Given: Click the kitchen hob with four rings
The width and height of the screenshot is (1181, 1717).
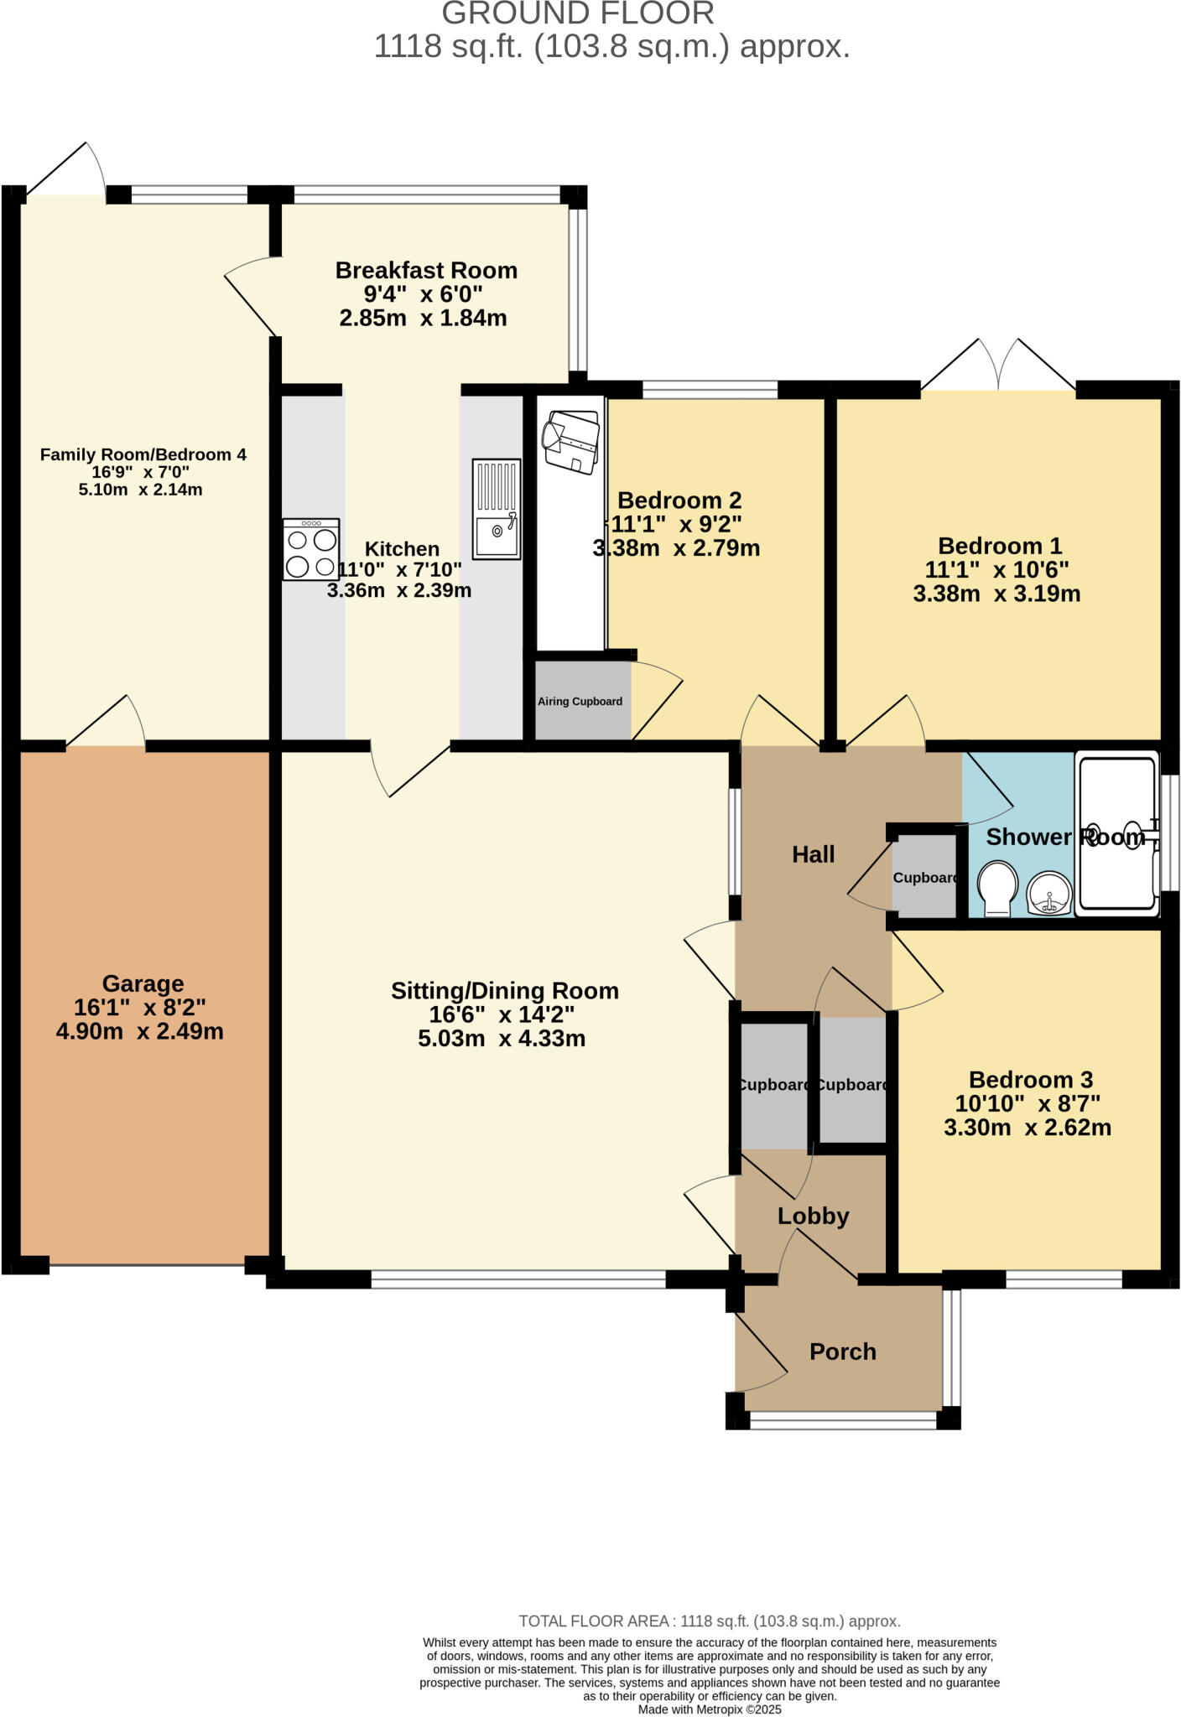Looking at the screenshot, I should [x=311, y=550].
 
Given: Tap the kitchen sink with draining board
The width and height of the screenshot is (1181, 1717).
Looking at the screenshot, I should [x=497, y=509].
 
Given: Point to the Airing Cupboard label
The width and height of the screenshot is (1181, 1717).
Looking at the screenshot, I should [x=580, y=702].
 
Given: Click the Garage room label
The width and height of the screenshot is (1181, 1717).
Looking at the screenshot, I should [x=143, y=983].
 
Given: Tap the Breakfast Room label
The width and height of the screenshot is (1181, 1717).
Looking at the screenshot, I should [x=426, y=270].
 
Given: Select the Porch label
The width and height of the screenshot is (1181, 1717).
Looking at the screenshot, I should [x=842, y=1351].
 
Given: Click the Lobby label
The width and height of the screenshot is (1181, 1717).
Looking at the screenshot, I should [x=813, y=1216].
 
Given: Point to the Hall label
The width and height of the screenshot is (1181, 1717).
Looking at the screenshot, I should [x=813, y=854].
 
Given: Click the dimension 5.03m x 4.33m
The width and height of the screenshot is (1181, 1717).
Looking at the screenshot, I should [x=502, y=1039].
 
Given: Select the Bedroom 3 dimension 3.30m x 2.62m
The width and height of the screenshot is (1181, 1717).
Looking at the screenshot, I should [x=1028, y=1128].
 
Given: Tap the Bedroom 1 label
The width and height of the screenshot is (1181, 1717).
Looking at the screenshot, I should [x=1000, y=546].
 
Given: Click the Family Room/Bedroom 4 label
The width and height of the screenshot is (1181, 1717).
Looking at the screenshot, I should [x=143, y=454].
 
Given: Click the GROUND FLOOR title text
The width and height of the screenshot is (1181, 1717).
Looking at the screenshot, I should [x=578, y=13].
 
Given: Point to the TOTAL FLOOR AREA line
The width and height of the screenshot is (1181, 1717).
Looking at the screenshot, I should [x=710, y=1621].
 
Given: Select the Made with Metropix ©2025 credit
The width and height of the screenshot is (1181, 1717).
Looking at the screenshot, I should [x=710, y=1709].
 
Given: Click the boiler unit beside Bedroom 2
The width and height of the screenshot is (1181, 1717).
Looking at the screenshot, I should [x=571, y=439].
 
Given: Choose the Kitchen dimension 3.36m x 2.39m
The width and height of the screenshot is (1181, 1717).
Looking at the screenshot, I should [x=399, y=590].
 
